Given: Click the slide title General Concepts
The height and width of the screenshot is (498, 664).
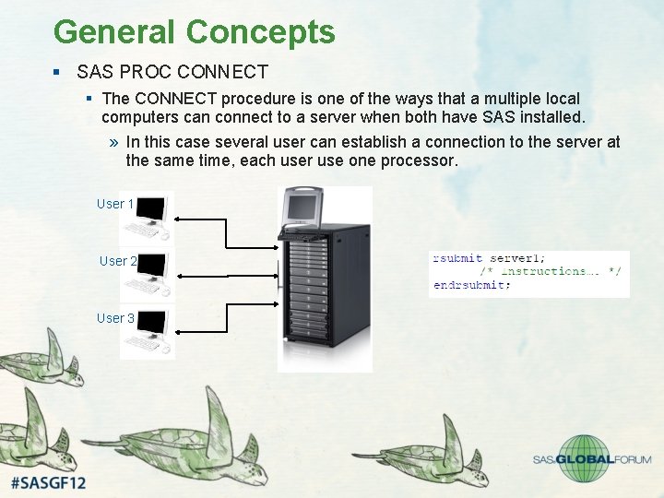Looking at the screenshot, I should coord(194,31).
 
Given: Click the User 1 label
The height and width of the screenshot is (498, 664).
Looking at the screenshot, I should coord(115,204).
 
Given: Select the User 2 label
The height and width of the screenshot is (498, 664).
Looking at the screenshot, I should coord(118,261).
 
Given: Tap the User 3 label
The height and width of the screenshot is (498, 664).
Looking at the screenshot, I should coord(115,318).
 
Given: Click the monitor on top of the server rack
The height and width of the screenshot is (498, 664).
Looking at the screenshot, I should coord(302,208).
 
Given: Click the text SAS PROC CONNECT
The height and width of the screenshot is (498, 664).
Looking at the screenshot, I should coord(172,72).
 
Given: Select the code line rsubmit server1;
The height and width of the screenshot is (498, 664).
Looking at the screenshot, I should coord(490,258).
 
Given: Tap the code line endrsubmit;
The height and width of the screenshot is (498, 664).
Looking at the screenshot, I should coord(471,285).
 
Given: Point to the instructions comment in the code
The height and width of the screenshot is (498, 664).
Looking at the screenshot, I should coord(551,271).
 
